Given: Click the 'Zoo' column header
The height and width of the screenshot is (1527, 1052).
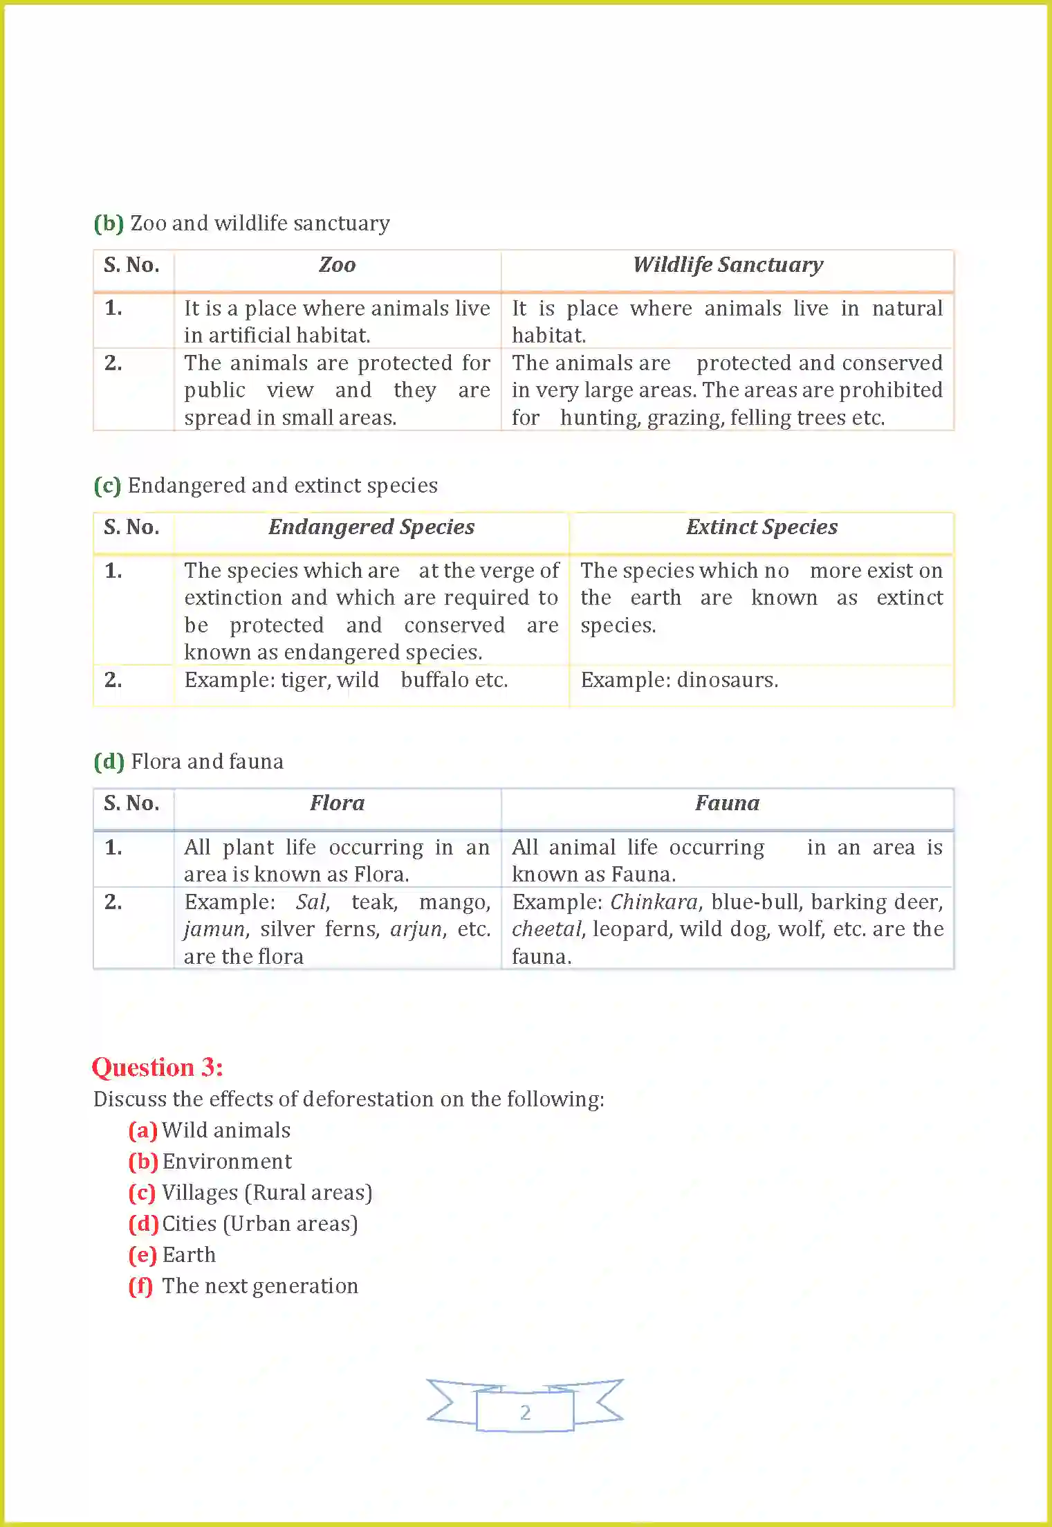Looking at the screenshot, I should tap(337, 265).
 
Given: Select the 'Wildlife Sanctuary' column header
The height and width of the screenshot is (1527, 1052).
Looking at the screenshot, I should tap(728, 265).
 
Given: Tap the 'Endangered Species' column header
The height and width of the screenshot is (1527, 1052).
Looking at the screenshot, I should tap(371, 527).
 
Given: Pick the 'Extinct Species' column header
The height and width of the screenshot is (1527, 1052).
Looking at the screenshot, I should tap(762, 527).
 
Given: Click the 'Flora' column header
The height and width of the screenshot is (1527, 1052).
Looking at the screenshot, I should tap(337, 803).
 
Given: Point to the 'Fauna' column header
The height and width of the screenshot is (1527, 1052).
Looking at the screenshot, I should tap(727, 803).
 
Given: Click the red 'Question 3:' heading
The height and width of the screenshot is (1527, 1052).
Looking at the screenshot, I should tap(158, 1068).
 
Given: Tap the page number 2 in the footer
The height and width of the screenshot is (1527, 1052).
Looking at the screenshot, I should tap(525, 1412).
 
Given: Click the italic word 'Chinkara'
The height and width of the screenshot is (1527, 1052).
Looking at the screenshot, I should tap(654, 902).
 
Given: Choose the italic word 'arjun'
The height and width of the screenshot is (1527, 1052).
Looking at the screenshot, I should tap(416, 929).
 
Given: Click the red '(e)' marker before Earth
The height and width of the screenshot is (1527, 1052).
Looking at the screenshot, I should tap(142, 1255).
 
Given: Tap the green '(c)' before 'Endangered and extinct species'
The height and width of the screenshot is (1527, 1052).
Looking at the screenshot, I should tap(107, 486).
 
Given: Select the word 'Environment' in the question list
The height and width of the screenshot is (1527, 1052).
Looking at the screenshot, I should tap(227, 1162).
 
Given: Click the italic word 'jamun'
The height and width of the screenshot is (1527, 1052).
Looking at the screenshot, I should tap(214, 929).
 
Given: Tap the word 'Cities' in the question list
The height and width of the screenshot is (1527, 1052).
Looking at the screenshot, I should tap(190, 1224).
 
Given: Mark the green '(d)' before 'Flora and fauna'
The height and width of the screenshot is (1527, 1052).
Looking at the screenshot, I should tap(109, 762).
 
